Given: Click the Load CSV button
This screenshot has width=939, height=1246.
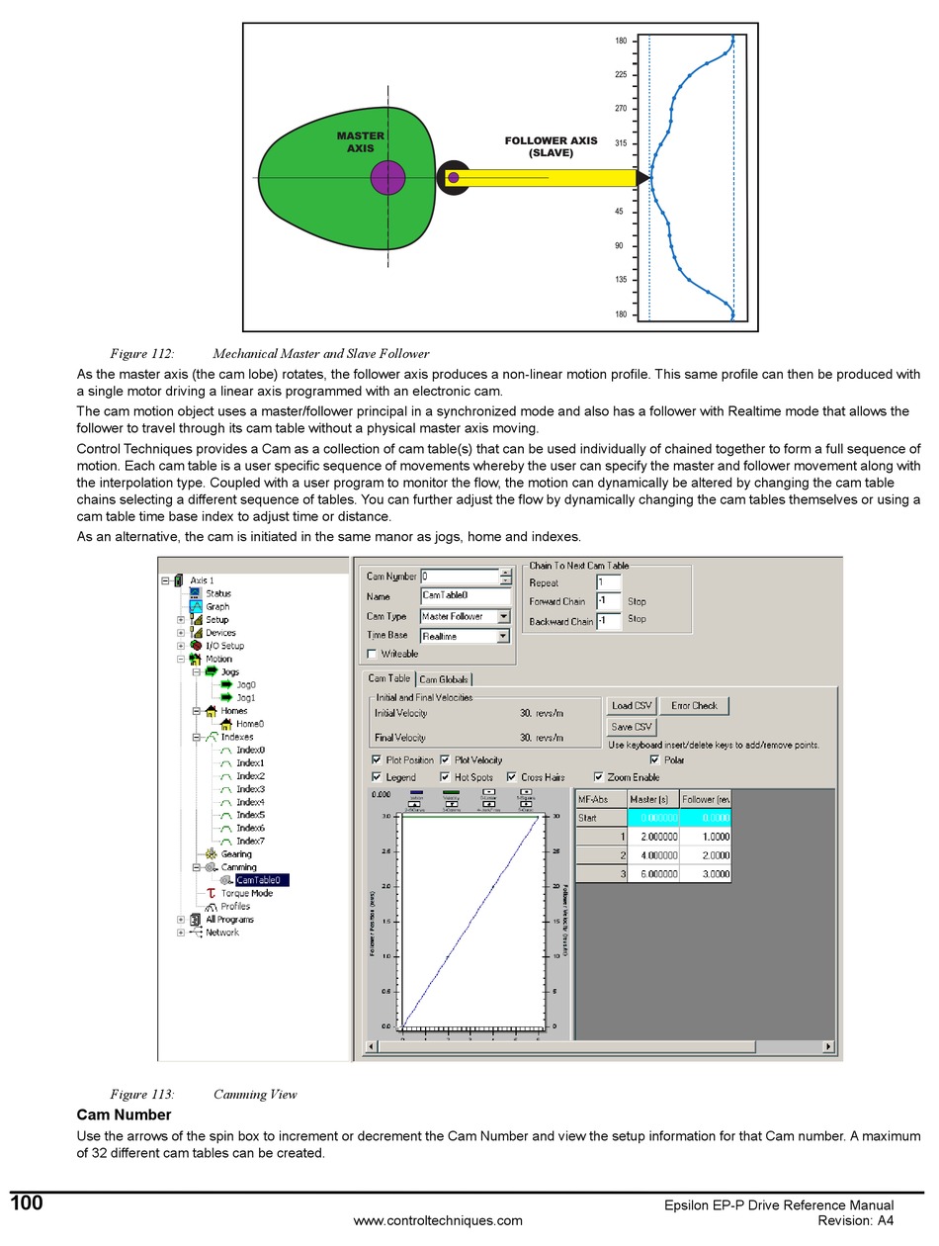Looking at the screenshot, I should point(631,706).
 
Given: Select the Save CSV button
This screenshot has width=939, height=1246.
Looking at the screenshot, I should point(631,727).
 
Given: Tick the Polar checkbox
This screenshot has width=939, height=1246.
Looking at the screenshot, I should point(654,760).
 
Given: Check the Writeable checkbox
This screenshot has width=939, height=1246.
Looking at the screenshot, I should point(372,654).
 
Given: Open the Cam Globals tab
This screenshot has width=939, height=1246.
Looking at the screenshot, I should point(444,679).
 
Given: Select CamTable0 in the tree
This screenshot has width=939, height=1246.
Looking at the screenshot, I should point(258,880).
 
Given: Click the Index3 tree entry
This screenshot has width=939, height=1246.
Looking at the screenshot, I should point(250,789).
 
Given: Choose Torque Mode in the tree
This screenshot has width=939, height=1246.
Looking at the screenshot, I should point(246,893).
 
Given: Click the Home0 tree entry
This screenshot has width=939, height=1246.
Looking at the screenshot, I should point(249,724).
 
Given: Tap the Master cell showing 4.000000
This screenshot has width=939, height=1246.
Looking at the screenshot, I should point(652,855).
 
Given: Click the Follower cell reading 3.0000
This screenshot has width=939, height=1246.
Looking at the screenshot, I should point(706,874).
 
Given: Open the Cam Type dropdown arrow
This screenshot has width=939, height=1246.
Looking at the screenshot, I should point(503,616).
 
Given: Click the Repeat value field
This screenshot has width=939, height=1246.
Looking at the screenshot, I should point(608,583).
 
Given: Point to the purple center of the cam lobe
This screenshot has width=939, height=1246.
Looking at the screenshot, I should point(387,178).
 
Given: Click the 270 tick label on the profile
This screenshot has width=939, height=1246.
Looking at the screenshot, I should point(621,109).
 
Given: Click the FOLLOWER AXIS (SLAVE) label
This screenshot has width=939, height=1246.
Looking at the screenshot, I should point(551,146).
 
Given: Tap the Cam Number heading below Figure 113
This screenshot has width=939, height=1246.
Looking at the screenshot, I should point(124,1115).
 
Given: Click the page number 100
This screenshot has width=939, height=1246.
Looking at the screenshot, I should point(27,1203).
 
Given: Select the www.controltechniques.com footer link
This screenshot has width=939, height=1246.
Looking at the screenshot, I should point(438,1220).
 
